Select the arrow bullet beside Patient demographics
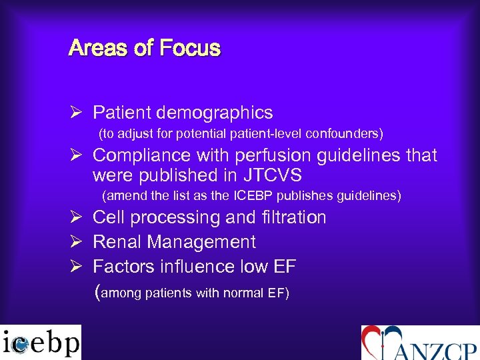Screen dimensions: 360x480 point(76,113)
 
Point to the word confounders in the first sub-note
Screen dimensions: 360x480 point(347,134)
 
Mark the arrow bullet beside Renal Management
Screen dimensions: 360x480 point(76,242)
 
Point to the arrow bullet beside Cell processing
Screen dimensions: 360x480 point(76,217)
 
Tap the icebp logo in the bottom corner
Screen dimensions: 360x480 point(41,342)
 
